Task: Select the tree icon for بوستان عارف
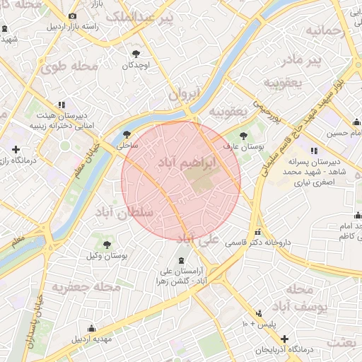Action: click(x=244, y=134)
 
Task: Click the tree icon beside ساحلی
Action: click(x=127, y=134)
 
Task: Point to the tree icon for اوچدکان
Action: click(x=136, y=53)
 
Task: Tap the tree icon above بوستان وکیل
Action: click(x=107, y=245)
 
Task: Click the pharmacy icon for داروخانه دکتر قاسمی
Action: click(x=258, y=232)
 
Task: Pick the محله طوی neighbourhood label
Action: click(x=69, y=67)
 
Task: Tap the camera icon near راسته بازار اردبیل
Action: click(x=72, y=16)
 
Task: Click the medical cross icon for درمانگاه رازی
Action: click(x=16, y=150)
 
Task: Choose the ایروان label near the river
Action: click(x=185, y=93)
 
